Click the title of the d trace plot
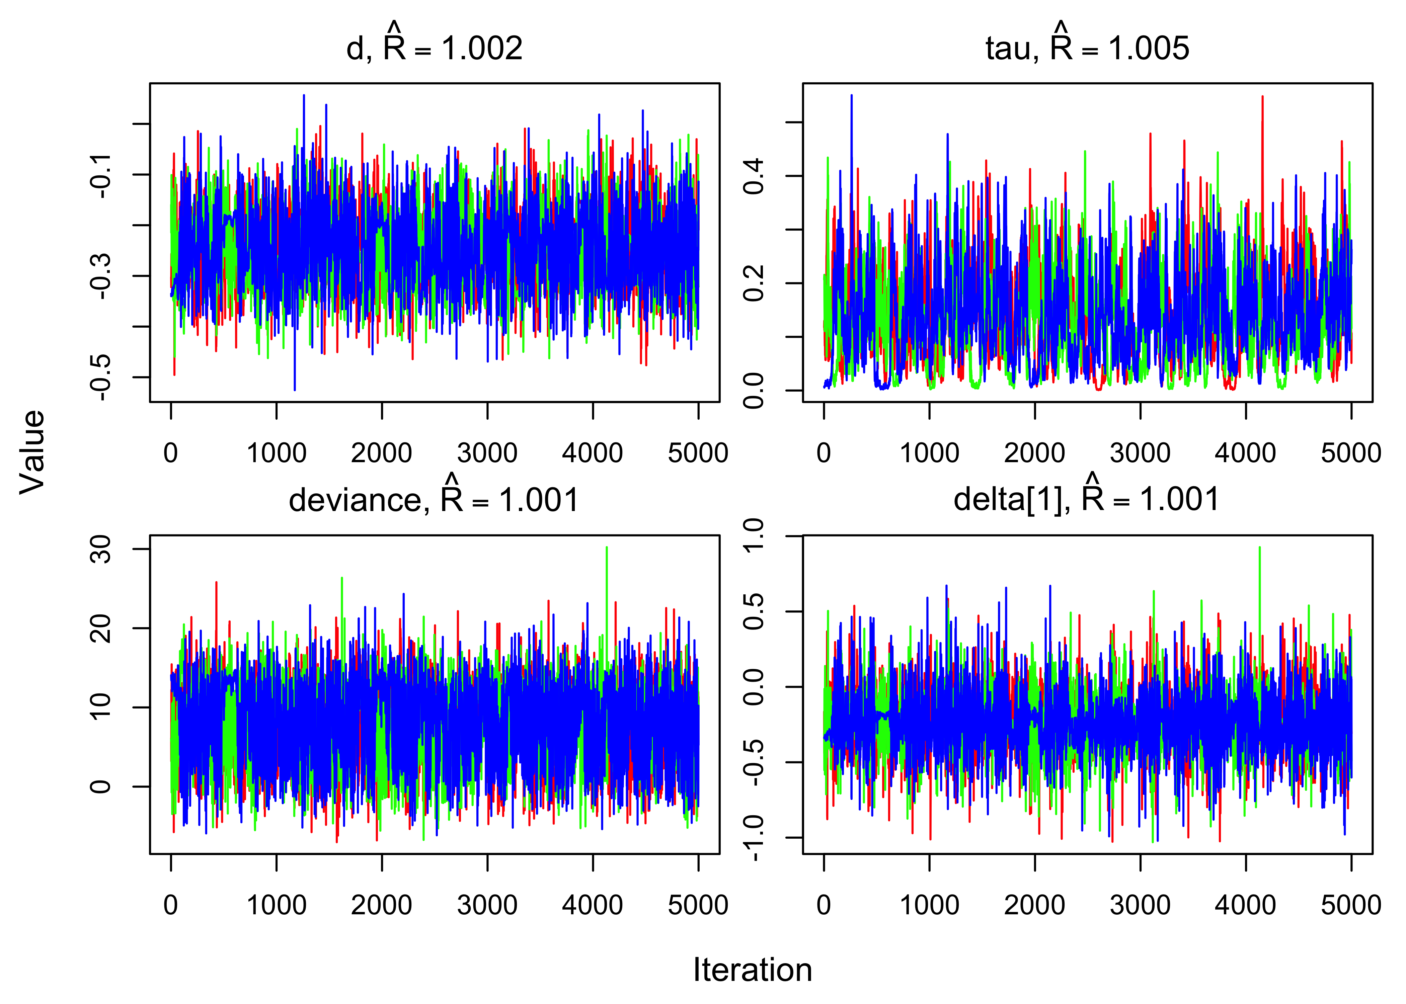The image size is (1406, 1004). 434,47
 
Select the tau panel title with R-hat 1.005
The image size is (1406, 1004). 1087,47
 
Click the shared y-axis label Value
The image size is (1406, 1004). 32,452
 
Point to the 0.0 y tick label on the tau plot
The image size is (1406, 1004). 753,391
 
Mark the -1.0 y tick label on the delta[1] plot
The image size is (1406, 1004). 753,838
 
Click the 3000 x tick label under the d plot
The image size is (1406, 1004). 487,453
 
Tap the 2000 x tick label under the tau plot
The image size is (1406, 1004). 1034,453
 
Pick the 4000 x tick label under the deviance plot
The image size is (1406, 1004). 592,905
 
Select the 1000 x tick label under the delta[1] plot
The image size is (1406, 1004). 929,905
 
